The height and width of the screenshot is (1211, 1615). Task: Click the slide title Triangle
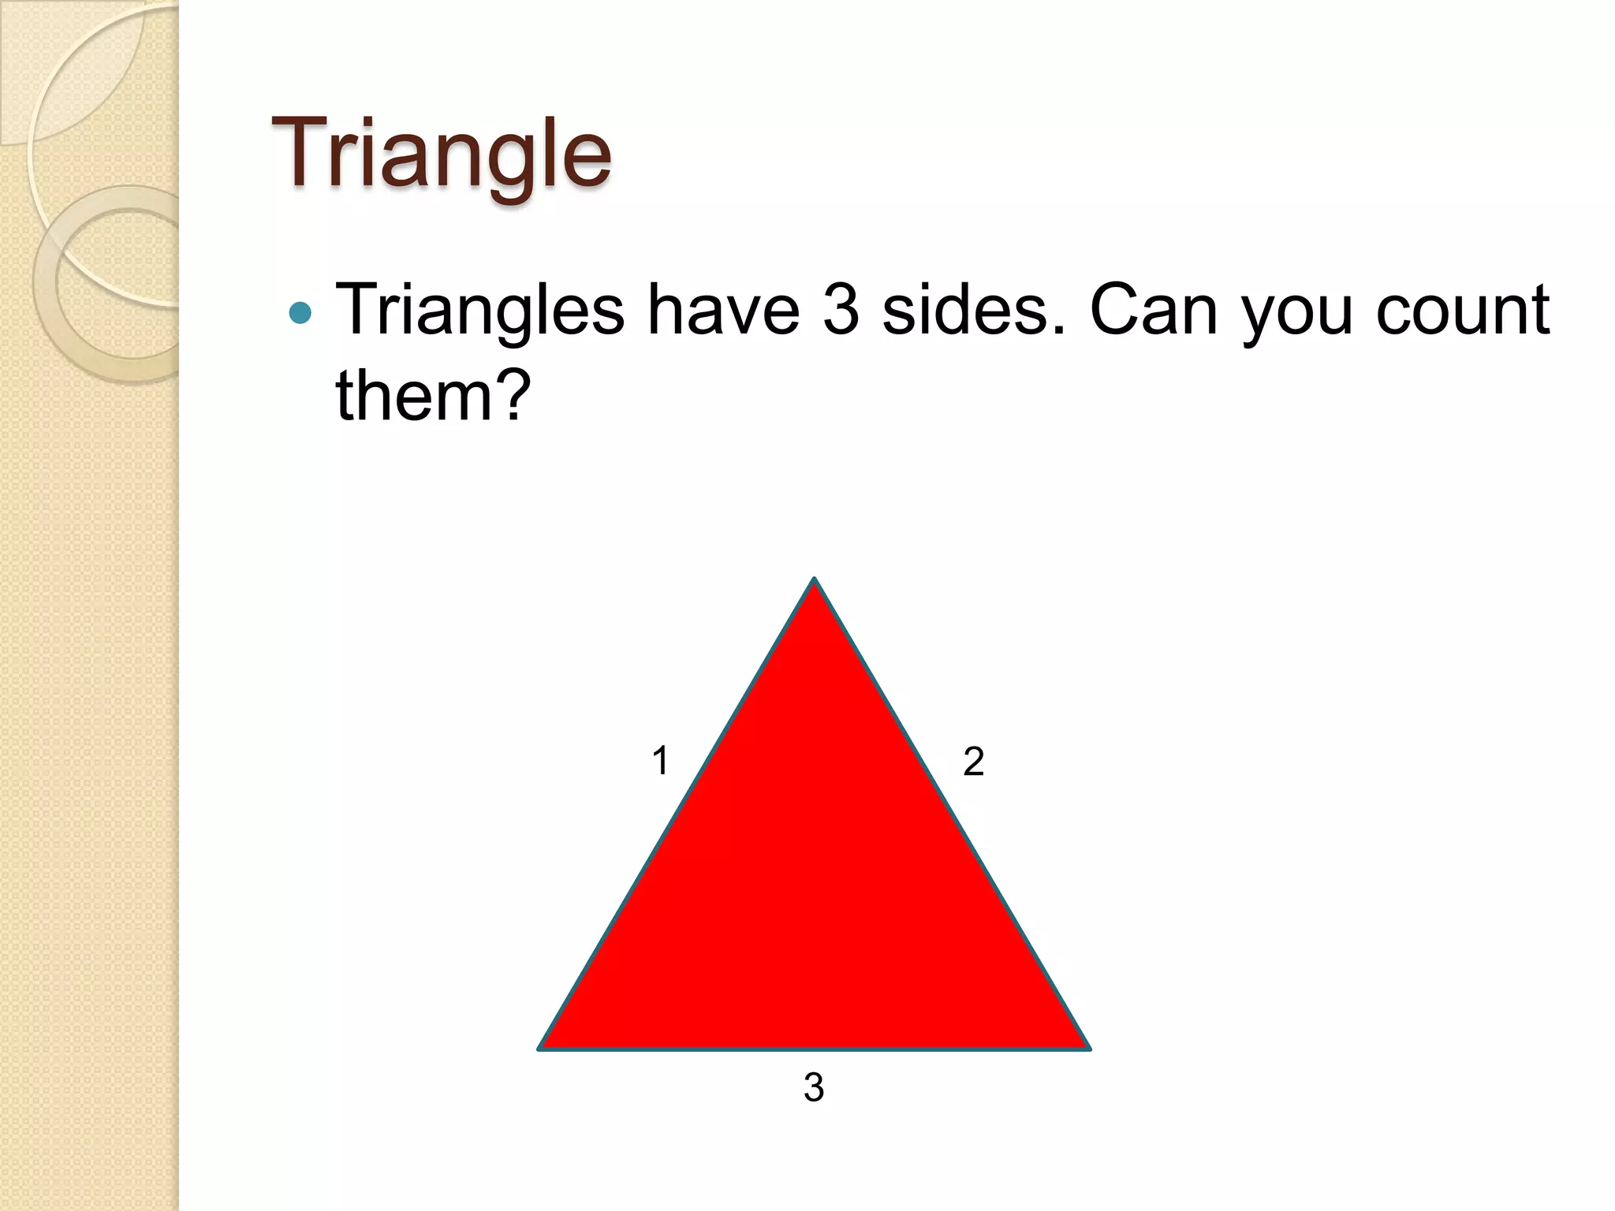click(441, 155)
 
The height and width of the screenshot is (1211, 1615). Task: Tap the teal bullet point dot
click(300, 314)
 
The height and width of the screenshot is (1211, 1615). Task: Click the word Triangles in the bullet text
click(480, 311)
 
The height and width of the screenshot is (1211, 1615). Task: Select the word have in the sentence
click(723, 311)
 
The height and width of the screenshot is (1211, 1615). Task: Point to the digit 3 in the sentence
click(841, 311)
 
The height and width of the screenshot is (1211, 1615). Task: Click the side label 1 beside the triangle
click(660, 762)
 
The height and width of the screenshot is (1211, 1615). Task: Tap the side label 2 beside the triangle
click(974, 762)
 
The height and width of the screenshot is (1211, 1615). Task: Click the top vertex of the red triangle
click(815, 581)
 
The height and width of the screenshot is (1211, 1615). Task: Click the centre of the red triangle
click(815, 891)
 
